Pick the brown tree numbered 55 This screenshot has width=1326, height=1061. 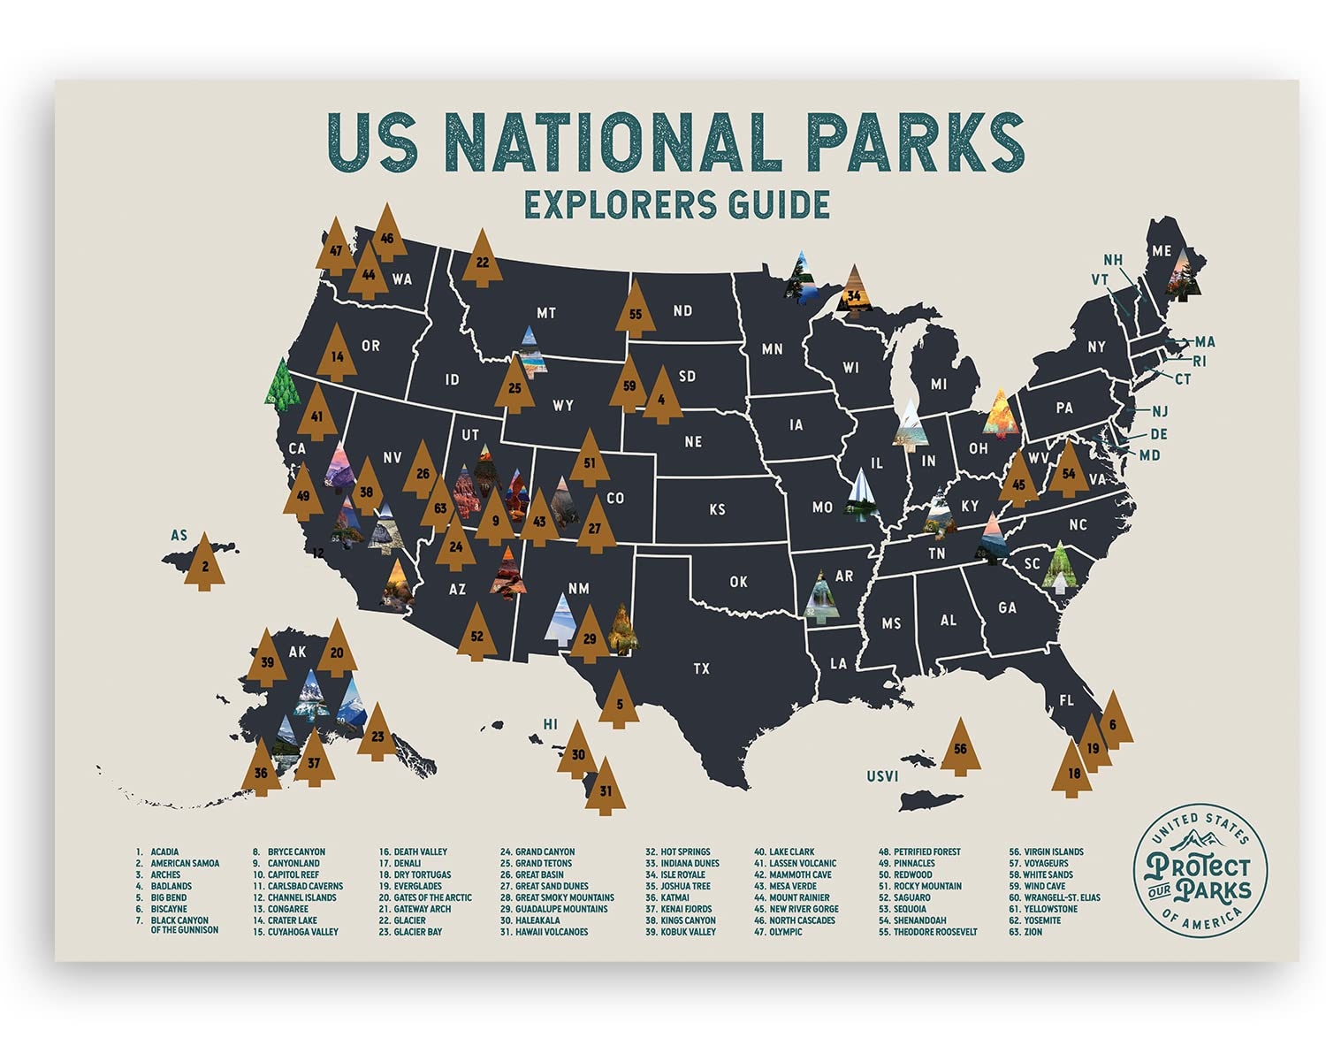point(635,312)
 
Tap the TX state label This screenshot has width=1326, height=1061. point(701,668)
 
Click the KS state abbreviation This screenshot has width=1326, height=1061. point(717,509)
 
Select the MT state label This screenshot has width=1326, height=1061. point(545,313)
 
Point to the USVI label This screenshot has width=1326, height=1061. point(881,776)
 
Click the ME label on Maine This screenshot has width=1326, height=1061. point(1161,251)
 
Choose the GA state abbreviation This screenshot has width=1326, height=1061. point(1007,607)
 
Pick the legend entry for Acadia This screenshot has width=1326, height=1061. point(164,851)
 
